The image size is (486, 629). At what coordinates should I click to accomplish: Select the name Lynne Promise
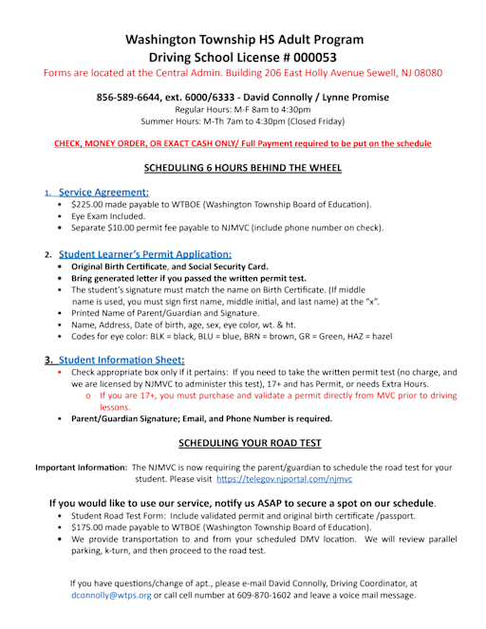tap(355, 97)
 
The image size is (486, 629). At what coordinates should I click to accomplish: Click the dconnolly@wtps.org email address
tap(112, 595)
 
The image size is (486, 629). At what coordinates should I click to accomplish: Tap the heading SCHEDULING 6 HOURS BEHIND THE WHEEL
tap(242, 168)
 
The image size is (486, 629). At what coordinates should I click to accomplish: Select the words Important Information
tap(82, 468)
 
